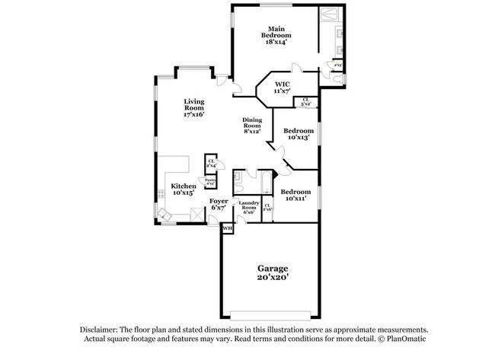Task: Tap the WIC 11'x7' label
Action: click(x=283, y=87)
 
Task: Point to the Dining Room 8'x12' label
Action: click(x=253, y=126)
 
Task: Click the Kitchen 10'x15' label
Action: click(x=184, y=190)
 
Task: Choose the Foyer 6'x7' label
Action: click(x=219, y=204)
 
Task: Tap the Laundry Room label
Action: click(x=250, y=207)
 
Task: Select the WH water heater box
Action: click(x=227, y=228)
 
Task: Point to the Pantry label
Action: click(x=210, y=182)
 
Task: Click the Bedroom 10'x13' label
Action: click(x=297, y=134)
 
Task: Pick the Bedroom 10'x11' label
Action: click(x=296, y=195)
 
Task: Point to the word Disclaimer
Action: click(x=102, y=330)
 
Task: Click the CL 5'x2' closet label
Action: click(x=306, y=100)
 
